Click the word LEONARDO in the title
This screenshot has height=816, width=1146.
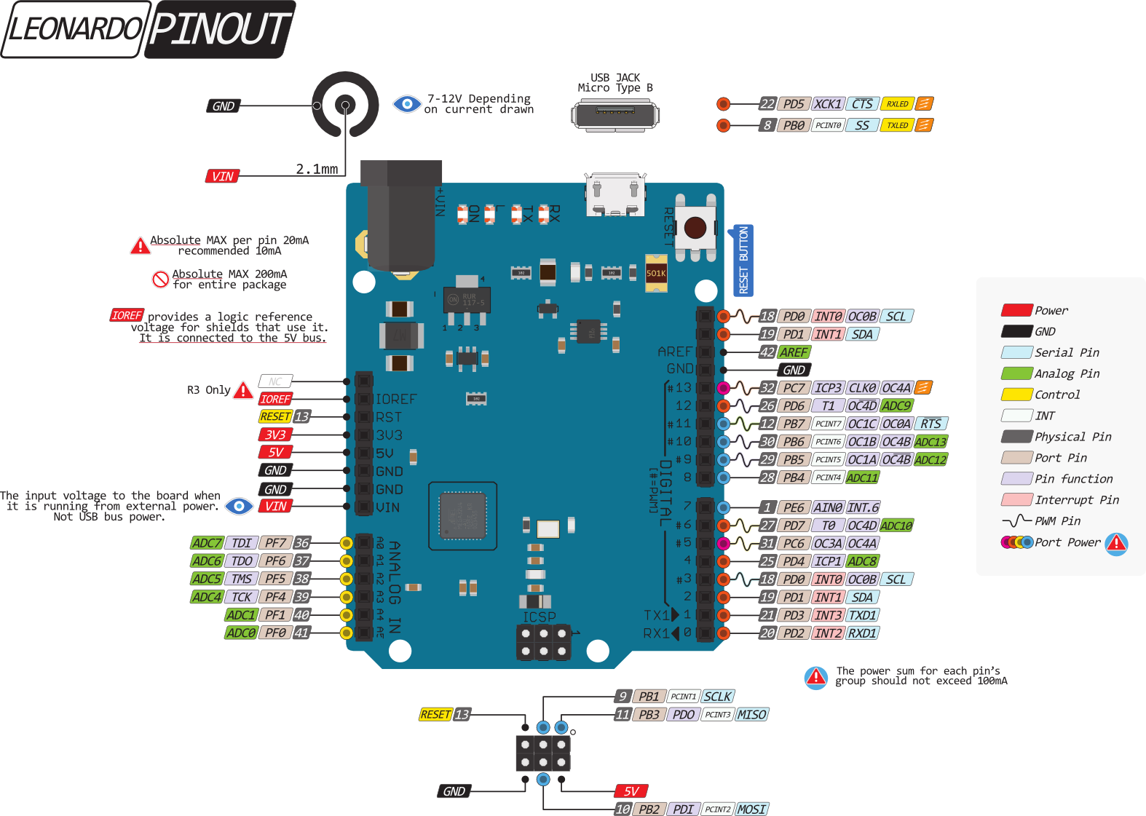coord(74,29)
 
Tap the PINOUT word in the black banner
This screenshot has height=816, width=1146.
coord(220,29)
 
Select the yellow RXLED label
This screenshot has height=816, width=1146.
coord(897,104)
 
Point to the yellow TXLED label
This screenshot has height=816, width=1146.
coord(897,125)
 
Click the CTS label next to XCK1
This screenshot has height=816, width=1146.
coord(862,104)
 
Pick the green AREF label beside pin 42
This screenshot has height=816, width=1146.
coord(794,352)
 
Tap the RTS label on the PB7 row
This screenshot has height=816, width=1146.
coord(930,424)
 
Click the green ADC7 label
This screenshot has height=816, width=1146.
coord(207,543)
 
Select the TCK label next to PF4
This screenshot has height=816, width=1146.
coord(242,597)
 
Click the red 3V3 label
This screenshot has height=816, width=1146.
coord(275,435)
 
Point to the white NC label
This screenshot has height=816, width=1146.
coord(275,381)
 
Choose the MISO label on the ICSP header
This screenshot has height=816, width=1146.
coord(751,715)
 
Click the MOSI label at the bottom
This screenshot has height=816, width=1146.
coord(751,809)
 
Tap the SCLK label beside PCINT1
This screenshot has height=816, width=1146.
coord(718,697)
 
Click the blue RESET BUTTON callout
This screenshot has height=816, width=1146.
coord(743,260)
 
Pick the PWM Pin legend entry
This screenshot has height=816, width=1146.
coord(1057,521)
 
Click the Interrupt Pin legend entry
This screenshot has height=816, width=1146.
coord(1076,500)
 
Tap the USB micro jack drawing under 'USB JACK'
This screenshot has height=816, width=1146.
coord(615,115)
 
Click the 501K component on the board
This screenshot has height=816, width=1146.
coord(656,274)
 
